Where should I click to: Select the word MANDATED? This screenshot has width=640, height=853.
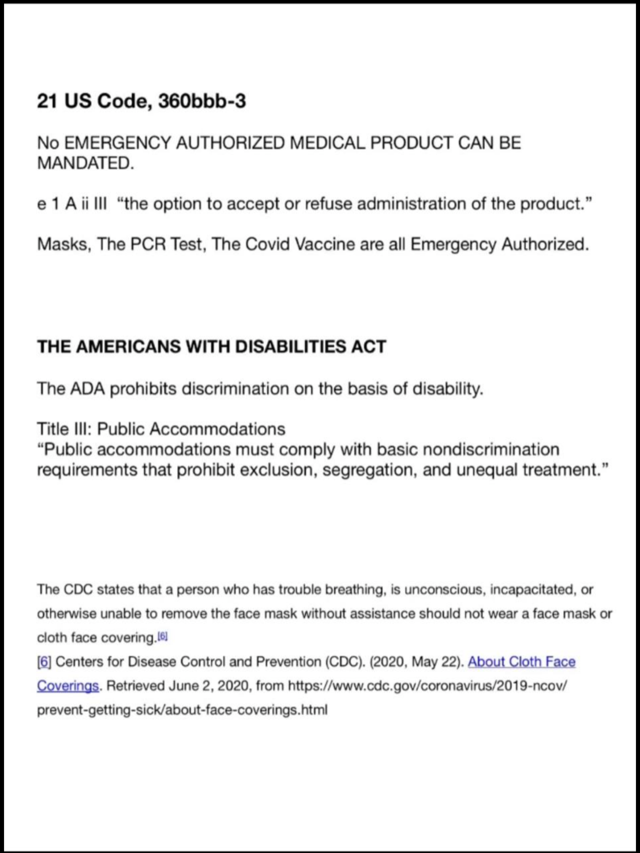85,163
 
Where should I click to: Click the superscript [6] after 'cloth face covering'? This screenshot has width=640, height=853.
163,637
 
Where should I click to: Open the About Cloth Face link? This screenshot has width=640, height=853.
522,662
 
